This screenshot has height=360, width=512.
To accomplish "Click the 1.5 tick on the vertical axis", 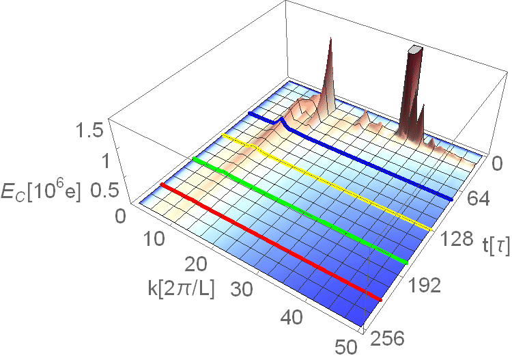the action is coord(89,131).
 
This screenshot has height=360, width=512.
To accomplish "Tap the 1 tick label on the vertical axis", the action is coord(106,161).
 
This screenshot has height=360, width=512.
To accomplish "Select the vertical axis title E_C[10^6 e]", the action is coord(40,193).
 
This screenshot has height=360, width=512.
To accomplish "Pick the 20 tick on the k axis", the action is coord(196,264).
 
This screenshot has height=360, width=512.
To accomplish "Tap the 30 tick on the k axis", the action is coord(242,289).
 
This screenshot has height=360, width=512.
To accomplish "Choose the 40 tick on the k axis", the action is coord(291,317).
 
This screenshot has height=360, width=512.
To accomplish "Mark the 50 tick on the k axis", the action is coord(346,347).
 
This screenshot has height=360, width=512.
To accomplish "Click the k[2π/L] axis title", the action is coord(181,288).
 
